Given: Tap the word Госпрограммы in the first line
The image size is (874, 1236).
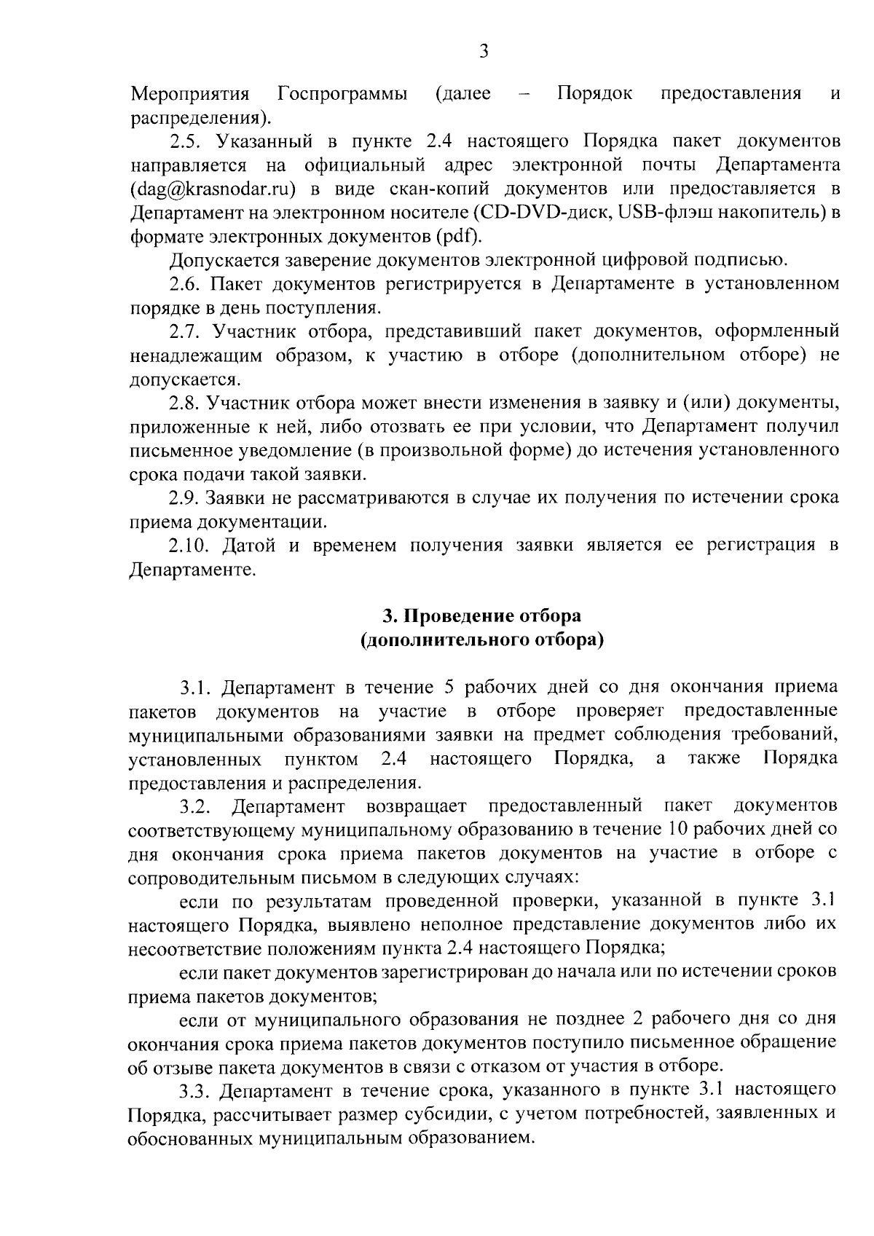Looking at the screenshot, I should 342,94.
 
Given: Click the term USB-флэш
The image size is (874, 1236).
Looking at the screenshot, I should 655,213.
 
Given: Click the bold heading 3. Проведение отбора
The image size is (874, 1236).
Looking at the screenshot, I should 482,616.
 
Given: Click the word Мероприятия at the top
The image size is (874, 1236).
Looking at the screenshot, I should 190,94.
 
